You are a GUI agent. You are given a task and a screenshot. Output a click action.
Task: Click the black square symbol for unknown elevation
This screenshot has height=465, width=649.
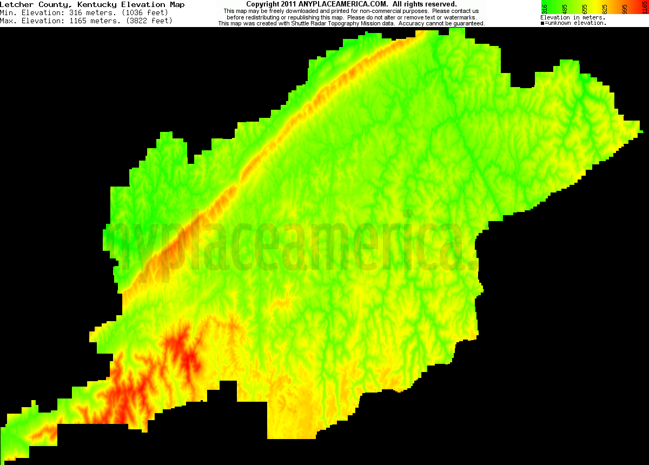542,23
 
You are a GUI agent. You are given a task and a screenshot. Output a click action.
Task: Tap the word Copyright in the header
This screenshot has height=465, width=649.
262,4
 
